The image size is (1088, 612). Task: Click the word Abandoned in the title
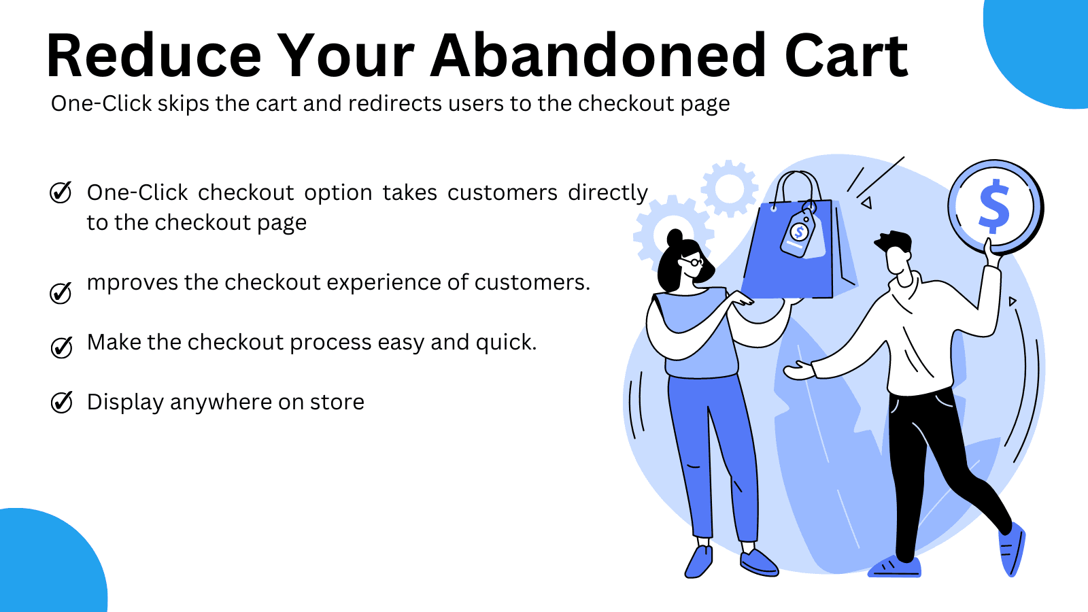598,55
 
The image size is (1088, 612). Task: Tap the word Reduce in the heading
154,55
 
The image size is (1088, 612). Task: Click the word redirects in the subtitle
395,103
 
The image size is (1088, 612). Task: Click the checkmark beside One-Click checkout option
61,192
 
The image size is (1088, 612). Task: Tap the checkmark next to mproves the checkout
61,293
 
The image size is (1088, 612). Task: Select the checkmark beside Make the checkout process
62,347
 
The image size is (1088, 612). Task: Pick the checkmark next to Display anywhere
62,402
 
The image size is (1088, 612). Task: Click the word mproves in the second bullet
133,283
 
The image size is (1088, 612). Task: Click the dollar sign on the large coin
993,206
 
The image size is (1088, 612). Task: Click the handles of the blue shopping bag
798,186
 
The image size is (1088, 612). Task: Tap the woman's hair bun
675,237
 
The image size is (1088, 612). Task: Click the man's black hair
894,241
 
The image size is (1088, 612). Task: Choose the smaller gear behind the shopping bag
729,188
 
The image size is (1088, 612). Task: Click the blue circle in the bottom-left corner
48,564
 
